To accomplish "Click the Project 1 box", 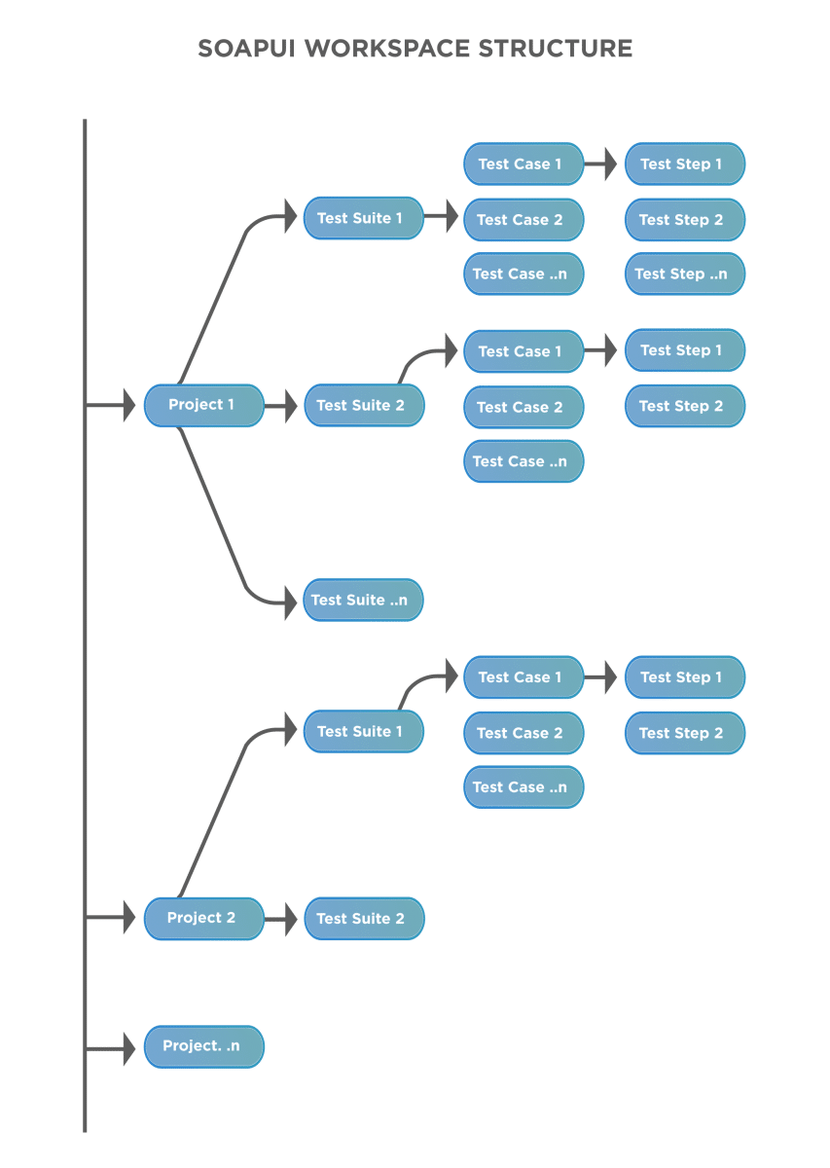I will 203,405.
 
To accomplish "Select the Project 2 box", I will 203,918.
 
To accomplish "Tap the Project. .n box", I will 203,1046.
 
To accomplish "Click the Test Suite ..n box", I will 363,601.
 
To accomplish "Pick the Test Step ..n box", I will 684,274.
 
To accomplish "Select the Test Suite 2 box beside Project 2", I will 364,919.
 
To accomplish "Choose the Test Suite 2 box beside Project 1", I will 364,405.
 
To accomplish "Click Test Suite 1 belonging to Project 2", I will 363,732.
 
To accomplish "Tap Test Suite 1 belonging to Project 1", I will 363,218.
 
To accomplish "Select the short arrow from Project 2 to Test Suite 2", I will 282,919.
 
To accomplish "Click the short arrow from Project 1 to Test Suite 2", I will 282,405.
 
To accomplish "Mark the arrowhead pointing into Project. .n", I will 127,1049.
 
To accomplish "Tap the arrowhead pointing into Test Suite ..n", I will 289,602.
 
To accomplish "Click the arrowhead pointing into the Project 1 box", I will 127,404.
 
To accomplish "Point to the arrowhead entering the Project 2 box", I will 127,917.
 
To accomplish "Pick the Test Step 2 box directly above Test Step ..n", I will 684,220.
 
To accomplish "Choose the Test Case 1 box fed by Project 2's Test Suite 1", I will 523,677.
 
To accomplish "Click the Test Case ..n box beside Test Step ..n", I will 523,274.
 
